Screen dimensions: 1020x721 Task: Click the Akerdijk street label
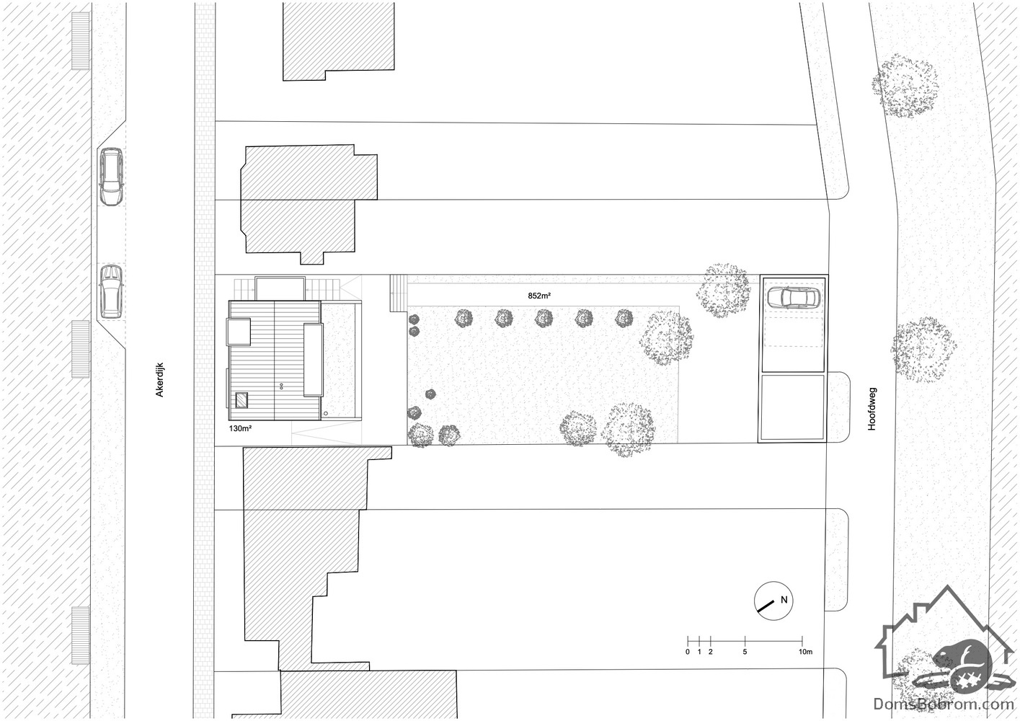pos(159,380)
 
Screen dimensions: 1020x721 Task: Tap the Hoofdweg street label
pos(872,409)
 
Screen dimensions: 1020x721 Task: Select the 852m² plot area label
pos(539,296)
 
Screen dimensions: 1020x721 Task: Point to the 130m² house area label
pos(241,428)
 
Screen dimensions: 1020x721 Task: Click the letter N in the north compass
pos(784,600)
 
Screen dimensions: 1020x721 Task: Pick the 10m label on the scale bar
pos(805,652)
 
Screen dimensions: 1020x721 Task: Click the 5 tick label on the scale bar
pos(745,652)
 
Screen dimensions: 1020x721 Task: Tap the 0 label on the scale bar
pos(688,652)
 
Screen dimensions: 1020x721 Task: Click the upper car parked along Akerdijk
pos(111,176)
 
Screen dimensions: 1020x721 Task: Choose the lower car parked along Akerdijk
pos(111,291)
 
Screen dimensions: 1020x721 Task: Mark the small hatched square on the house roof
pos(241,400)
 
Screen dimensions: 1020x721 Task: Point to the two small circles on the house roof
pos(281,386)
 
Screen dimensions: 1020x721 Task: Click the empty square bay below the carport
pos(793,407)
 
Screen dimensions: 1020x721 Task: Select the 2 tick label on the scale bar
pos(710,652)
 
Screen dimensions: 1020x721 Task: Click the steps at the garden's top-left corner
pos(399,293)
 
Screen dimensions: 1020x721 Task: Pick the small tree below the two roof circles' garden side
pos(430,394)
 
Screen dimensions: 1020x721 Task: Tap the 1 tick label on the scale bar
pos(699,652)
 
